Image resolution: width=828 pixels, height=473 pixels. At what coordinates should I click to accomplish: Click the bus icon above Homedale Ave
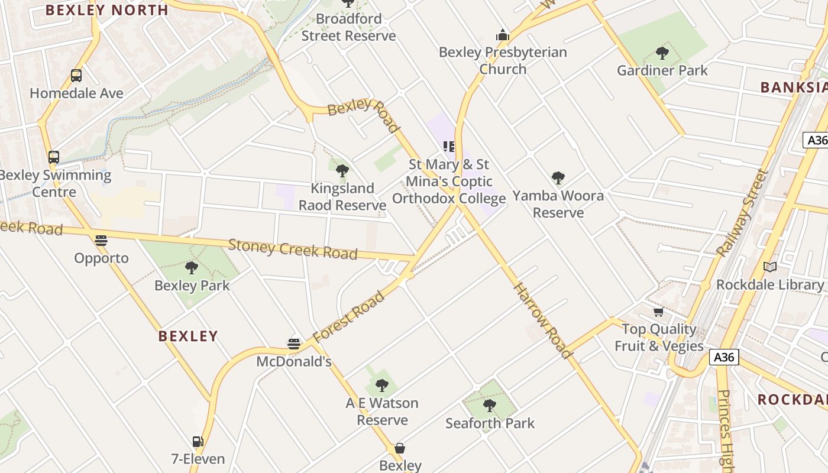click(76, 76)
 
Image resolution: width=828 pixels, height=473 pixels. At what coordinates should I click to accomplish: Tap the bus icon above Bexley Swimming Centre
click(54, 157)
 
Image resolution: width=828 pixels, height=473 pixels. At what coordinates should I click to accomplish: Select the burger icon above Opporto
click(101, 241)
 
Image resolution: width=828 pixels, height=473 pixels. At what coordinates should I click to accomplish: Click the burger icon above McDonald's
click(294, 344)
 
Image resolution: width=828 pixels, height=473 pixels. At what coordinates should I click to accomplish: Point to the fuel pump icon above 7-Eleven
click(198, 442)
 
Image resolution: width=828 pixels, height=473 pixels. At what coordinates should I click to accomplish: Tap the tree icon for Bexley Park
click(192, 268)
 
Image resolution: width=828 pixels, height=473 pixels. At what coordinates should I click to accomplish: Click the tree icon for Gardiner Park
click(662, 53)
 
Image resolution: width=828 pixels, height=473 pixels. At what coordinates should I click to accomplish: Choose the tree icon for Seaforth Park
click(490, 406)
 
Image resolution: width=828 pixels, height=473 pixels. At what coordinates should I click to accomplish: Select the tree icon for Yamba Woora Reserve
click(558, 178)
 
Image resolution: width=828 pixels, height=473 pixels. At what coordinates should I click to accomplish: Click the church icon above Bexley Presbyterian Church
click(503, 35)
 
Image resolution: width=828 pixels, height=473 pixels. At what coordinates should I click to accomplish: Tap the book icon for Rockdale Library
click(769, 267)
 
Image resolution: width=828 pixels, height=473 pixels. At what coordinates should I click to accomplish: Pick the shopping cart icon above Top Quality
click(658, 312)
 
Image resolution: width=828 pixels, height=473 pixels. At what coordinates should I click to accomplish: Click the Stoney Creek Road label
click(293, 249)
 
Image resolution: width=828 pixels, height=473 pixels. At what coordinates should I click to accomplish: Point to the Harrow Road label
click(543, 320)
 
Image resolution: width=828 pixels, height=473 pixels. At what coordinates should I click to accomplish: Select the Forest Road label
click(348, 317)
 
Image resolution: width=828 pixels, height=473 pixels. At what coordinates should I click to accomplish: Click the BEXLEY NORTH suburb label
click(107, 10)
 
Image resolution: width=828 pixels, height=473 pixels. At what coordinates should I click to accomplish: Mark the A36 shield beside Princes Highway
click(724, 357)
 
